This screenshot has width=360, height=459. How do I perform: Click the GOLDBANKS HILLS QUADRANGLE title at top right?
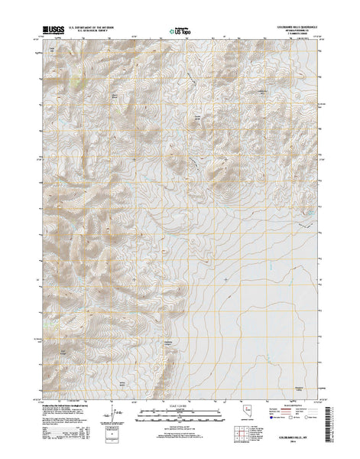(x=290, y=26)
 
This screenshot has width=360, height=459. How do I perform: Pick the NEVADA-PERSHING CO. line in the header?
(x=291, y=31)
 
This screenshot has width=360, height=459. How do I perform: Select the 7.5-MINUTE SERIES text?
(x=291, y=34)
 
